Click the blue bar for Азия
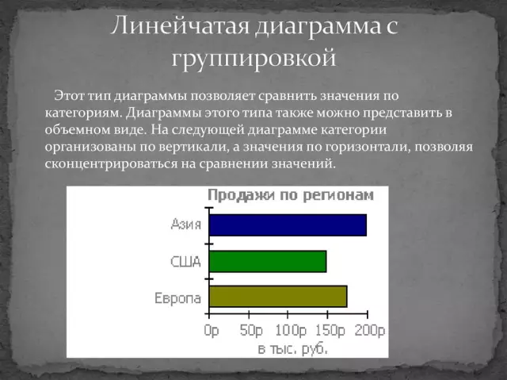288,225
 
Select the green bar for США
268,261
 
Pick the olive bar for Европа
278,297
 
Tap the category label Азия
185,224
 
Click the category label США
185,261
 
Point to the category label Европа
177,297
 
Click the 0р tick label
212,329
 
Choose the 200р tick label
370,329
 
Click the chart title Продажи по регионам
286,195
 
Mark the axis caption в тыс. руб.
292,347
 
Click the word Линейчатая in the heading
179,25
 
